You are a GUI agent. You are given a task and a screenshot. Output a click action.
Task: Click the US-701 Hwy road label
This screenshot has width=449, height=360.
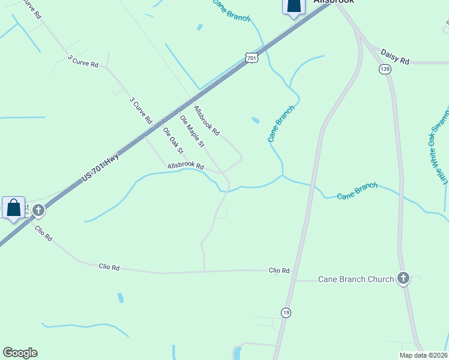(100, 169)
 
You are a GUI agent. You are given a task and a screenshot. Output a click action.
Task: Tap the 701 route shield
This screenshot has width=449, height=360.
(252, 58)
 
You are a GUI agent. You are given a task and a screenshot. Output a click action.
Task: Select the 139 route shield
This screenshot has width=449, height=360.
(385, 70)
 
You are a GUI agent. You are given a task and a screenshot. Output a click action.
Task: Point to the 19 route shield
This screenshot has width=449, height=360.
(286, 312)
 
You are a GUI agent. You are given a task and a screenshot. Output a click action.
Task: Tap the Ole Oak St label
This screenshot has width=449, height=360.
(173, 140)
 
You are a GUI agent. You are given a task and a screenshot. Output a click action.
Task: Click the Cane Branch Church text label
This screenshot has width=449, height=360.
(355, 279)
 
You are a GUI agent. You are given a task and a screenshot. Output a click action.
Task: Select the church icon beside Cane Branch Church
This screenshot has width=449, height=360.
(403, 278)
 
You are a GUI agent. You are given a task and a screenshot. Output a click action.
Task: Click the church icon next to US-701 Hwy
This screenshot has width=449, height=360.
(39, 210)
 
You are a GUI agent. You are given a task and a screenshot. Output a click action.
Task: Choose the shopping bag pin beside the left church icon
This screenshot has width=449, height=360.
(14, 208)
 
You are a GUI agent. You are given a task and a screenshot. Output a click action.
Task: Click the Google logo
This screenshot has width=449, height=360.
(20, 353)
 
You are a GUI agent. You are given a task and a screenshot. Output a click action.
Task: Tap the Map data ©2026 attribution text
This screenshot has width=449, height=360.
(423, 355)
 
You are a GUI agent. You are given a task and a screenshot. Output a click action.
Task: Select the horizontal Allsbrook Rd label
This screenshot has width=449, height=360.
(186, 166)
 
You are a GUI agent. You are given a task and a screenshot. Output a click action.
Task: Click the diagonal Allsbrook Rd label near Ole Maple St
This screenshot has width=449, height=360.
(206, 120)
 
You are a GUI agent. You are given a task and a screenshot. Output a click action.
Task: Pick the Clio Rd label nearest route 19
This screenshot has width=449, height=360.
(279, 271)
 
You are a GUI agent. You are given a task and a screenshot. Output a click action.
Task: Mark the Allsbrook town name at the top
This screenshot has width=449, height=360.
(334, 2)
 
